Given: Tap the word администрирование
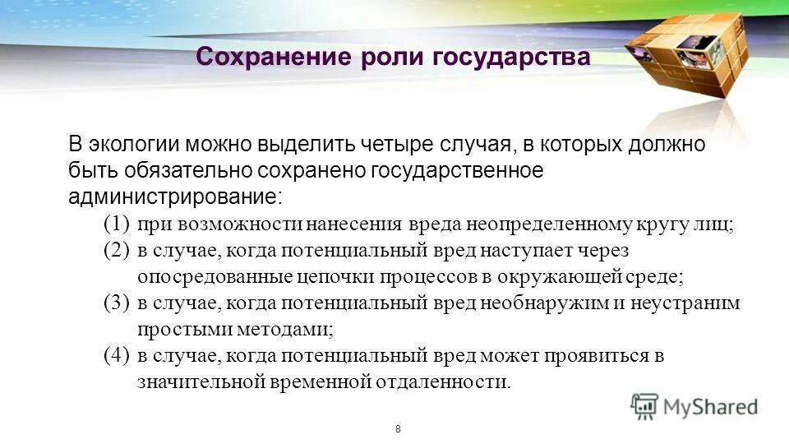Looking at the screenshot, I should point(174,197).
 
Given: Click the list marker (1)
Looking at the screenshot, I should point(117,224).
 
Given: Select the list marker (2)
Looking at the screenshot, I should point(117,250).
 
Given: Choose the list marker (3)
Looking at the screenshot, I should point(117,303).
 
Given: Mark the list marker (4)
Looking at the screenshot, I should point(117,355).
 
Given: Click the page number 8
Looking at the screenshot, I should point(398,429).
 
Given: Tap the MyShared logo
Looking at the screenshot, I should point(694,405).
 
